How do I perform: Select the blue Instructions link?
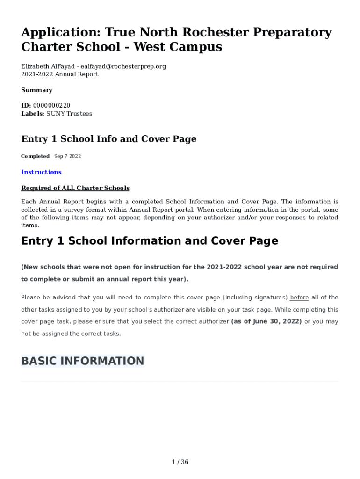coord(41,172)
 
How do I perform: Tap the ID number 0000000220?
coord(51,106)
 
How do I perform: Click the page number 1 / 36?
coord(180,462)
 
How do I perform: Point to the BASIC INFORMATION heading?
coord(83,361)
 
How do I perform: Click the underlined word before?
coord(300,298)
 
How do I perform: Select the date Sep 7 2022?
coord(67,156)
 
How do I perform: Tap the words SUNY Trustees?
coord(69,114)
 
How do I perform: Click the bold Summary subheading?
coord(37,90)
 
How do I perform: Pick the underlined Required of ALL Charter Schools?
coord(75,188)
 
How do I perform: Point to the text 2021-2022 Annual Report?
coord(60,74)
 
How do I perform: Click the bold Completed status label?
coord(36,156)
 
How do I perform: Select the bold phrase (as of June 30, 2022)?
coord(266,322)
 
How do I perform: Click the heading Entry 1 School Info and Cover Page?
coord(109,139)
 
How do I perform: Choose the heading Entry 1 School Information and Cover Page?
coord(150,241)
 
